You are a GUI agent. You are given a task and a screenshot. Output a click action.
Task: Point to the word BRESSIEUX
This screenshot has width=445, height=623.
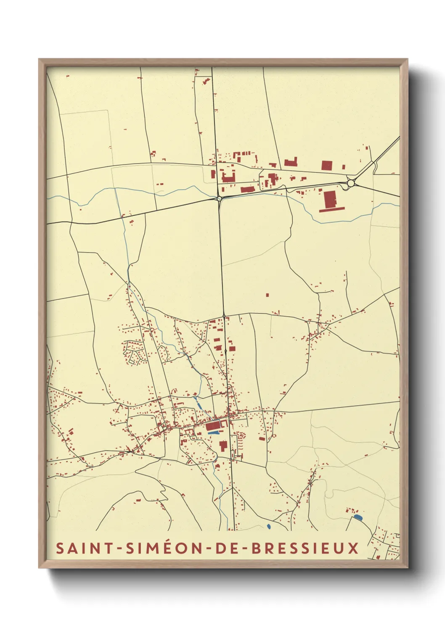pyautogui.click(x=305, y=548)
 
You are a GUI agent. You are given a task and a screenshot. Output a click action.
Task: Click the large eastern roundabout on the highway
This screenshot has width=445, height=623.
pyautogui.click(x=350, y=183)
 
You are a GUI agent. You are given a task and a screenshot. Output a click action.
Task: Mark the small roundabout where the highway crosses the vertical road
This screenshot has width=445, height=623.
pyautogui.click(x=219, y=198)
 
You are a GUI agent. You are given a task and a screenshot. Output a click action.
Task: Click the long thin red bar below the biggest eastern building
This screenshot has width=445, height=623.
pyautogui.click(x=332, y=209)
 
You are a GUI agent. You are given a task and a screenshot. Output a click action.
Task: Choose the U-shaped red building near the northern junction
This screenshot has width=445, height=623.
pyautogui.click(x=228, y=176)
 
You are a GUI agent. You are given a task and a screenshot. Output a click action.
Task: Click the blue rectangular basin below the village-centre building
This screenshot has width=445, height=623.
pyautogui.click(x=214, y=432)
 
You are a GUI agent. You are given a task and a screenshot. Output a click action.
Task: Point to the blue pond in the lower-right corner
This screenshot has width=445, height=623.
pyautogui.click(x=358, y=517)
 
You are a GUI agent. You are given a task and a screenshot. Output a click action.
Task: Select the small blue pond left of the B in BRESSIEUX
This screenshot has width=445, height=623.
pyautogui.click(x=269, y=526)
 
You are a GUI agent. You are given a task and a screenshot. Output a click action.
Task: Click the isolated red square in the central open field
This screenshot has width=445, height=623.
pyautogui.click(x=267, y=295)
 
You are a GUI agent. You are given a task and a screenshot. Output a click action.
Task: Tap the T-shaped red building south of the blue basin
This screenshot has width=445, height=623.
pyautogui.click(x=223, y=445)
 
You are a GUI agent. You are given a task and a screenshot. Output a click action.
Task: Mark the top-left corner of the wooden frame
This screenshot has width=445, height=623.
pyautogui.click(x=40, y=60)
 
